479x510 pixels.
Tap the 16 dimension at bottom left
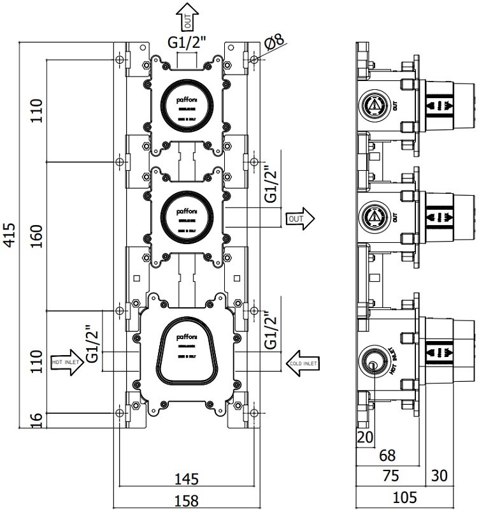pyautogui.click(x=36, y=420)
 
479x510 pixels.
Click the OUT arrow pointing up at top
pyautogui.click(x=187, y=15)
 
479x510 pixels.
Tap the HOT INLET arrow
pyautogui.click(x=66, y=364)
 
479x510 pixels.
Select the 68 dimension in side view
pyautogui.click(x=386, y=455)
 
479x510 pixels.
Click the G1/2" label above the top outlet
pyautogui.click(x=187, y=43)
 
